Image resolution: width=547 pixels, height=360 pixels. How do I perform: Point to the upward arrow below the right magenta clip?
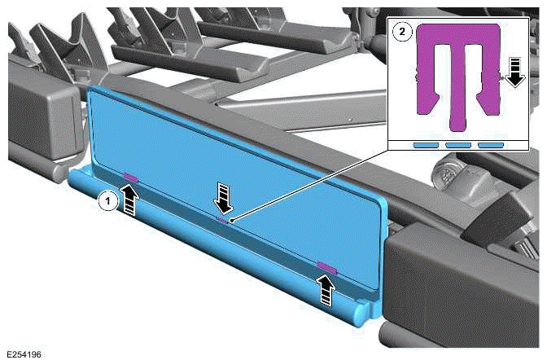point(326,288)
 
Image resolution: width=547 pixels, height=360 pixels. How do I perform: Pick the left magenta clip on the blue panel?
point(130,177)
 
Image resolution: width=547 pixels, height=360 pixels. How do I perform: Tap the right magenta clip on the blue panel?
point(326,266)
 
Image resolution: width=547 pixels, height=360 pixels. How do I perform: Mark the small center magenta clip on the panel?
point(223,218)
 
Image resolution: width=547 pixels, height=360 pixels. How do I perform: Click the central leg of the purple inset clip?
point(459,98)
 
